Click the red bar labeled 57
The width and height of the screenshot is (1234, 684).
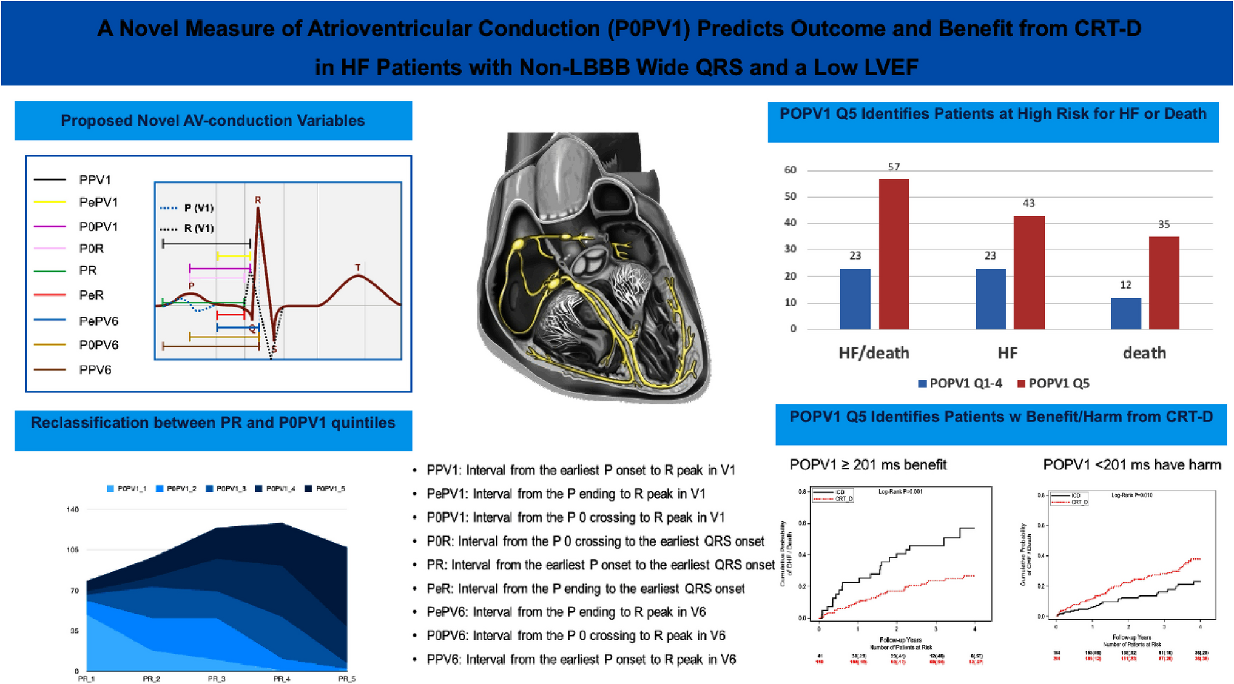[x=894, y=254]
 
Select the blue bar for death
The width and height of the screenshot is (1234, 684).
[x=1125, y=313]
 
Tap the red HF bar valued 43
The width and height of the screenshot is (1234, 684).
[x=1029, y=272]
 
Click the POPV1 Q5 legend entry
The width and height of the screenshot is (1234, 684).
[x=1053, y=383]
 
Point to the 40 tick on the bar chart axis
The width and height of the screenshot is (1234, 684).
[x=790, y=223]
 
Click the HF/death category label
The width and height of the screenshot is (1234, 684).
[x=874, y=353]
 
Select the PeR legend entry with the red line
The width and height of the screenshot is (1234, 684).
[x=91, y=295]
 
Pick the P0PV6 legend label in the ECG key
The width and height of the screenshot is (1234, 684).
[x=98, y=345]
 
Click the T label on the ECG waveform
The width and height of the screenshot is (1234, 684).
[x=358, y=267]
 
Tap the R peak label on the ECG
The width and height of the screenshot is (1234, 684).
[x=258, y=199]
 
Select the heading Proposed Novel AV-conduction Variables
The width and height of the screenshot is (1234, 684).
[x=213, y=121]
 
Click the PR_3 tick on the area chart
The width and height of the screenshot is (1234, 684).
[x=217, y=679]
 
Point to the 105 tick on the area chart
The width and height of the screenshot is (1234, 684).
[x=72, y=549]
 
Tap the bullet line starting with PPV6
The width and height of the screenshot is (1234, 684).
[x=581, y=659]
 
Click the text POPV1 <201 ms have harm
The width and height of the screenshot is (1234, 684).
[x=1131, y=465]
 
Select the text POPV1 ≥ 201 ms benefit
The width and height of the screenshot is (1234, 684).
[x=868, y=465]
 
